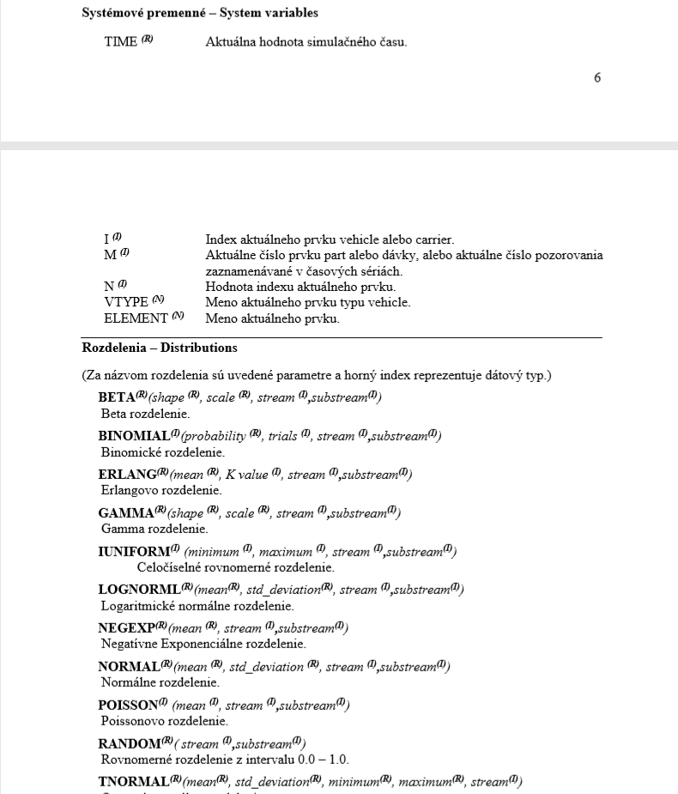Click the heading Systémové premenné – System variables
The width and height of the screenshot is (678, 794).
click(200, 14)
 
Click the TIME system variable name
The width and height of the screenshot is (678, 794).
click(120, 42)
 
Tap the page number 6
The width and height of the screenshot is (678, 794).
click(597, 78)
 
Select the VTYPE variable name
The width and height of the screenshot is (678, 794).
click(126, 302)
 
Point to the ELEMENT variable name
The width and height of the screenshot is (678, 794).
click(136, 318)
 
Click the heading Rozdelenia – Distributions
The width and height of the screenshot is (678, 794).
click(160, 348)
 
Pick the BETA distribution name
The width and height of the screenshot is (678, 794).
click(117, 397)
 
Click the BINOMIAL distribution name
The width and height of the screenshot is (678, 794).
click(133, 436)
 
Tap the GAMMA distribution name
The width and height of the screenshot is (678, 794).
click(124, 513)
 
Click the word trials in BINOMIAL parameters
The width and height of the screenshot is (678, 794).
click(282, 436)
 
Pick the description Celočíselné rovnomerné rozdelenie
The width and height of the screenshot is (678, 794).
click(235, 567)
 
